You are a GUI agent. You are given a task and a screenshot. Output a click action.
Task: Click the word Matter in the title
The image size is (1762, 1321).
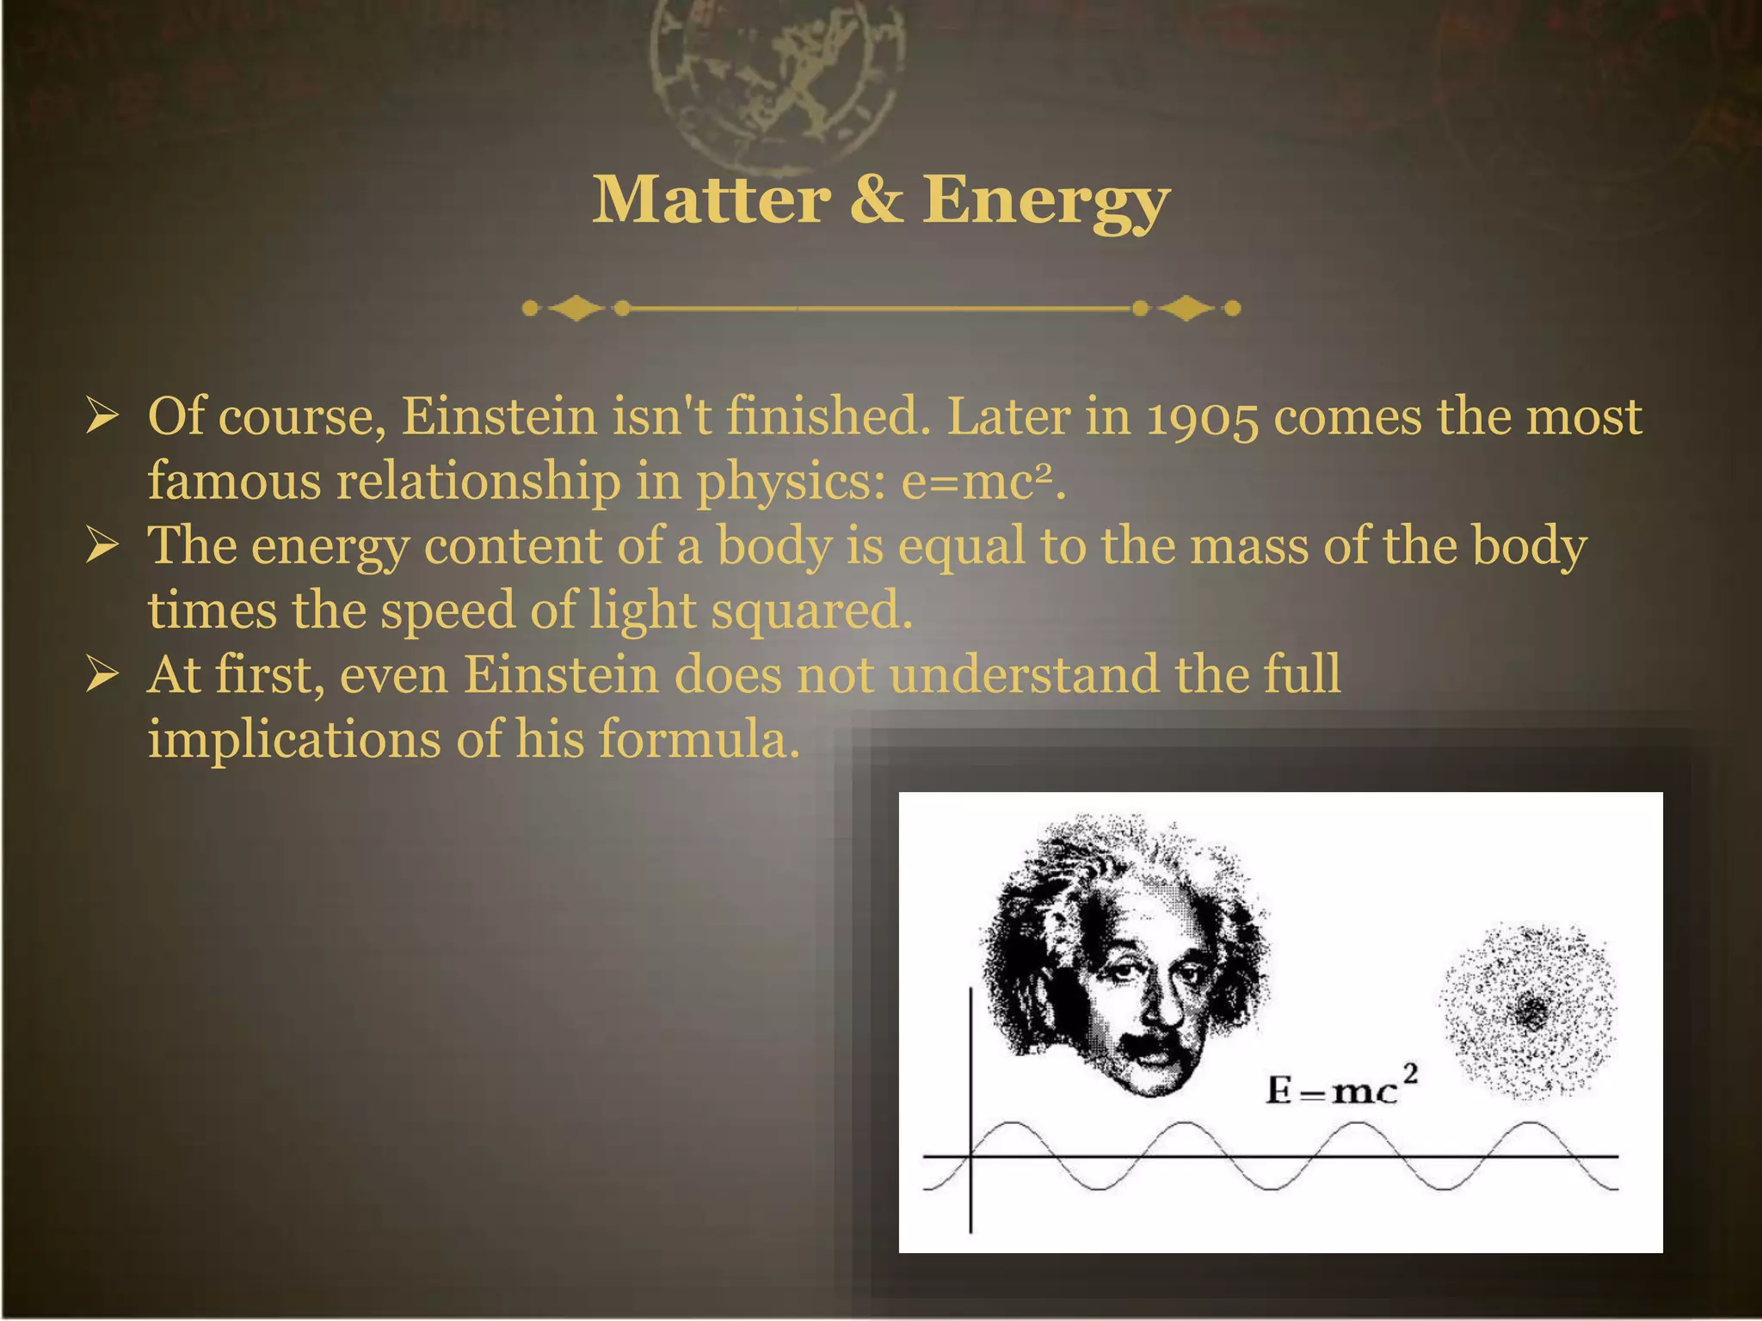(x=712, y=200)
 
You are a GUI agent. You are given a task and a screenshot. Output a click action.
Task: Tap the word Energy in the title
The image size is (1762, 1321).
(x=1045, y=202)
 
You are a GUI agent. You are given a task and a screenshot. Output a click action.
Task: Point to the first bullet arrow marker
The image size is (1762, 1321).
(x=102, y=416)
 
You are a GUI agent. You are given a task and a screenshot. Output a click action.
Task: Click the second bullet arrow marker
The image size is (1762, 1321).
(x=102, y=545)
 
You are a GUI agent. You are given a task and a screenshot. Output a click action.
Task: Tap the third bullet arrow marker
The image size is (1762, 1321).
(x=102, y=674)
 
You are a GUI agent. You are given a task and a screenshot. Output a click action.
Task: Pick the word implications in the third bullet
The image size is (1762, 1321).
(x=294, y=740)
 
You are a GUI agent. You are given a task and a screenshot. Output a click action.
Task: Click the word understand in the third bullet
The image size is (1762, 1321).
(x=1024, y=674)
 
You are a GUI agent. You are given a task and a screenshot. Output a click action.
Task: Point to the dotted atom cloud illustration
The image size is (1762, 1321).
(x=1528, y=1011)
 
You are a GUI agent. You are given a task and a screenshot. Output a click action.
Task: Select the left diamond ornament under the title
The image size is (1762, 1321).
(x=576, y=308)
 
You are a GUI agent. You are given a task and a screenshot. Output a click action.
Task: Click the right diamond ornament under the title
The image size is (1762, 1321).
(x=1186, y=308)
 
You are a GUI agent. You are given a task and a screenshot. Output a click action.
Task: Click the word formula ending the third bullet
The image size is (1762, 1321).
(x=693, y=739)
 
